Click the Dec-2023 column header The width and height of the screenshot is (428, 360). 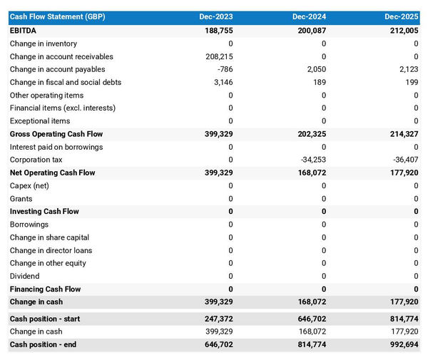click(x=218, y=16)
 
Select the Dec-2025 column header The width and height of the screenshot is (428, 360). click(x=402, y=16)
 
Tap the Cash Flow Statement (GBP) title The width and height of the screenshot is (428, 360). click(x=57, y=16)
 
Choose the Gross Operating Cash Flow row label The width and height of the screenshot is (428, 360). click(x=56, y=134)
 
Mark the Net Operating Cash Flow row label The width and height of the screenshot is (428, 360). click(x=52, y=173)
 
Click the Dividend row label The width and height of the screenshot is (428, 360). click(x=25, y=276)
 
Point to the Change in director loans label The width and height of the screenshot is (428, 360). click(x=51, y=250)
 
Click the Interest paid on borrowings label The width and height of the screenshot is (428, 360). click(x=56, y=147)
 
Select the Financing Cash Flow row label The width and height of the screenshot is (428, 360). click(x=45, y=289)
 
